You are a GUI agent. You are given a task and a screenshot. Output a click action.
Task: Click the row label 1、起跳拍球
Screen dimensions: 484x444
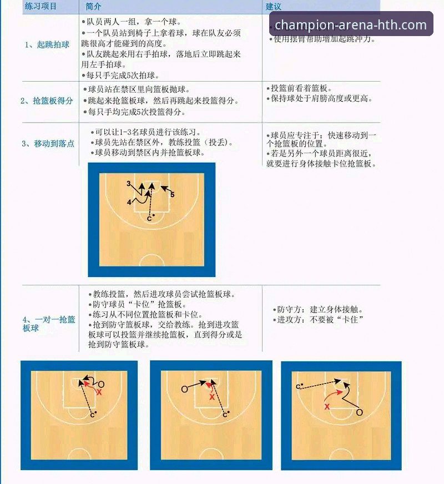pos(47,44)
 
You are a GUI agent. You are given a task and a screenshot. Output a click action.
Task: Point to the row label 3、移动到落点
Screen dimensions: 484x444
pos(48,143)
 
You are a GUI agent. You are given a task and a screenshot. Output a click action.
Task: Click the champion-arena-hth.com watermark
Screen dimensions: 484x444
pos(351,25)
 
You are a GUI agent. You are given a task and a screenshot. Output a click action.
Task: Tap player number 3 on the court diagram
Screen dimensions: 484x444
pos(128,183)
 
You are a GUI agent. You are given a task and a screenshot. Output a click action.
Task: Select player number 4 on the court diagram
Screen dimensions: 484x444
pos(129,203)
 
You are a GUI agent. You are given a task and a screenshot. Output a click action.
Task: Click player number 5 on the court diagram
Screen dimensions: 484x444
pos(173,195)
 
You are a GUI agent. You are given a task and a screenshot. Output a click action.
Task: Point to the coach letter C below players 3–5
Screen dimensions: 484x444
pos(149,219)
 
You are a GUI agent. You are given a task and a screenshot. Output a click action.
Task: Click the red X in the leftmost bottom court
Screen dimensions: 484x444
pos(99,392)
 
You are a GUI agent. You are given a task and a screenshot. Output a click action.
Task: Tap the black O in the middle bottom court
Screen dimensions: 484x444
pos(184,389)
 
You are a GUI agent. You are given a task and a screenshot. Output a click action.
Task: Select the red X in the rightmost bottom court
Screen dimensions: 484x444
pos(327,406)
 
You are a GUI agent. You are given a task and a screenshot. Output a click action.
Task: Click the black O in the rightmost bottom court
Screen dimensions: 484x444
pos(359,412)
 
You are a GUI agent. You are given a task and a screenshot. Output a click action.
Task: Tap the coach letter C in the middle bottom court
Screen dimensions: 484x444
pos(224,415)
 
